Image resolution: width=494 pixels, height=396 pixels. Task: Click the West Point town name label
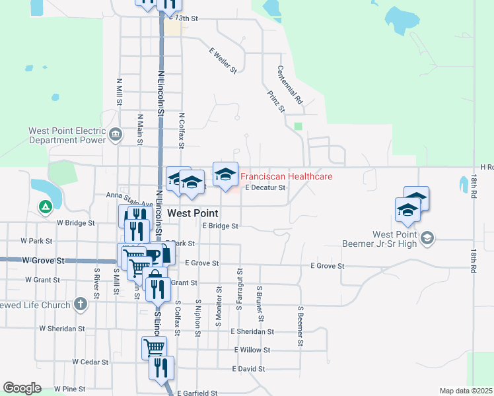193,213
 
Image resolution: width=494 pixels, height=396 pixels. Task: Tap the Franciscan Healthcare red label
286,176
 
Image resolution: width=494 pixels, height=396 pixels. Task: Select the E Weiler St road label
223,60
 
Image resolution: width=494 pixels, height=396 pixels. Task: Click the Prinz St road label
275,100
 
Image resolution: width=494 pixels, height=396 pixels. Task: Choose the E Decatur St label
264,187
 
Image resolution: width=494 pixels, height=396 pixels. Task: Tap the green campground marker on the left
45,207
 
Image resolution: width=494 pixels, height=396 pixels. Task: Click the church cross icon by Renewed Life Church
81,305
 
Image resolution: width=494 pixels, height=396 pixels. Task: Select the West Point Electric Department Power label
67,135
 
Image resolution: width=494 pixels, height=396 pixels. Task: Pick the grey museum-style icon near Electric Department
116,136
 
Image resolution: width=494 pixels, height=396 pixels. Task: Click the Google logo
22,387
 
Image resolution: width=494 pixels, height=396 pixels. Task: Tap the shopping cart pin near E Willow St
154,346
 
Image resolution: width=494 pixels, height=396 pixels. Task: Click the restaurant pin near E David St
161,367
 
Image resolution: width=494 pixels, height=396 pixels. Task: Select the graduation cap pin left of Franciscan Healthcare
225,174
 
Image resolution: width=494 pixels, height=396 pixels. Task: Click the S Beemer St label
300,325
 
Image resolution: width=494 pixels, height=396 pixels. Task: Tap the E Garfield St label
197,393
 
